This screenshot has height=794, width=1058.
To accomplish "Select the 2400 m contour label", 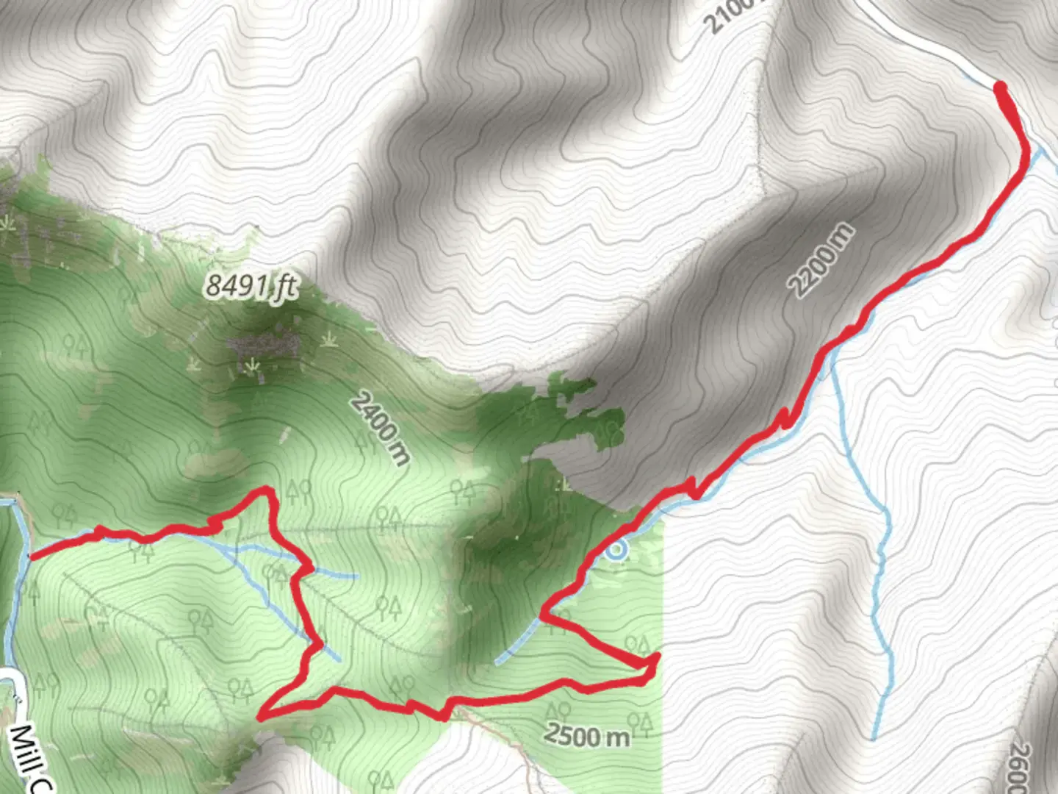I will [x=379, y=428].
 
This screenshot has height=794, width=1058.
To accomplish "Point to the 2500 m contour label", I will [x=588, y=734].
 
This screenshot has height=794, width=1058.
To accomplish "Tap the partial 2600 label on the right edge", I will [x=1021, y=768].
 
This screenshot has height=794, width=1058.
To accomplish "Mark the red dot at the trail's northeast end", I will [x=1000, y=88].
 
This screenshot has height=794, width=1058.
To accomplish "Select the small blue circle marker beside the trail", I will [x=619, y=549].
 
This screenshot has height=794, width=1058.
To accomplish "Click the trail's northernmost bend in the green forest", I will [x=264, y=490].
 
